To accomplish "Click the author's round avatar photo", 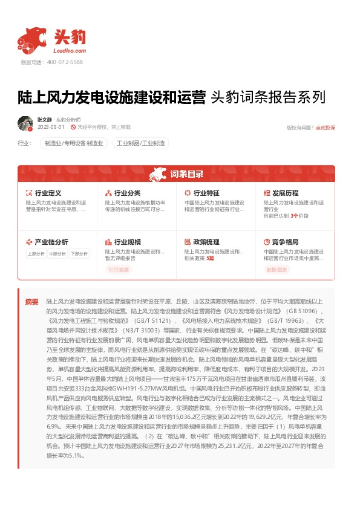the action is point(25,123).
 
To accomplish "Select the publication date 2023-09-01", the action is point(51,128).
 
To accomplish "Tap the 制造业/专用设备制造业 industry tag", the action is point(74,144).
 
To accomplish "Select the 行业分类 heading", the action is point(127,193).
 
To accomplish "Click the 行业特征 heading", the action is point(206,193).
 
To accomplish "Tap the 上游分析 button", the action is point(36,254).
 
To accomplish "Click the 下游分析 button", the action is point(79,254).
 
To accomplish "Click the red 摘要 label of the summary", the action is point(31,301).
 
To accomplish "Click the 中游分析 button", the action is point(57,254).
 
